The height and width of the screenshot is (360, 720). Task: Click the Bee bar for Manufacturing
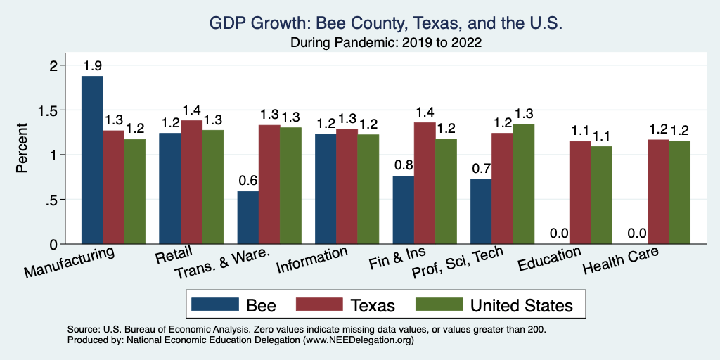pos(92,160)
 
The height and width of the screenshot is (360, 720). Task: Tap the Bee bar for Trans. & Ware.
pos(247,217)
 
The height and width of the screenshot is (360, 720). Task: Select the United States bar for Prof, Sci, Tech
pos(523,184)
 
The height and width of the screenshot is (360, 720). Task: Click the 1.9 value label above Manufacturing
pos(92,67)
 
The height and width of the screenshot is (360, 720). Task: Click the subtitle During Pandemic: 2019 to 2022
pos(386,42)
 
